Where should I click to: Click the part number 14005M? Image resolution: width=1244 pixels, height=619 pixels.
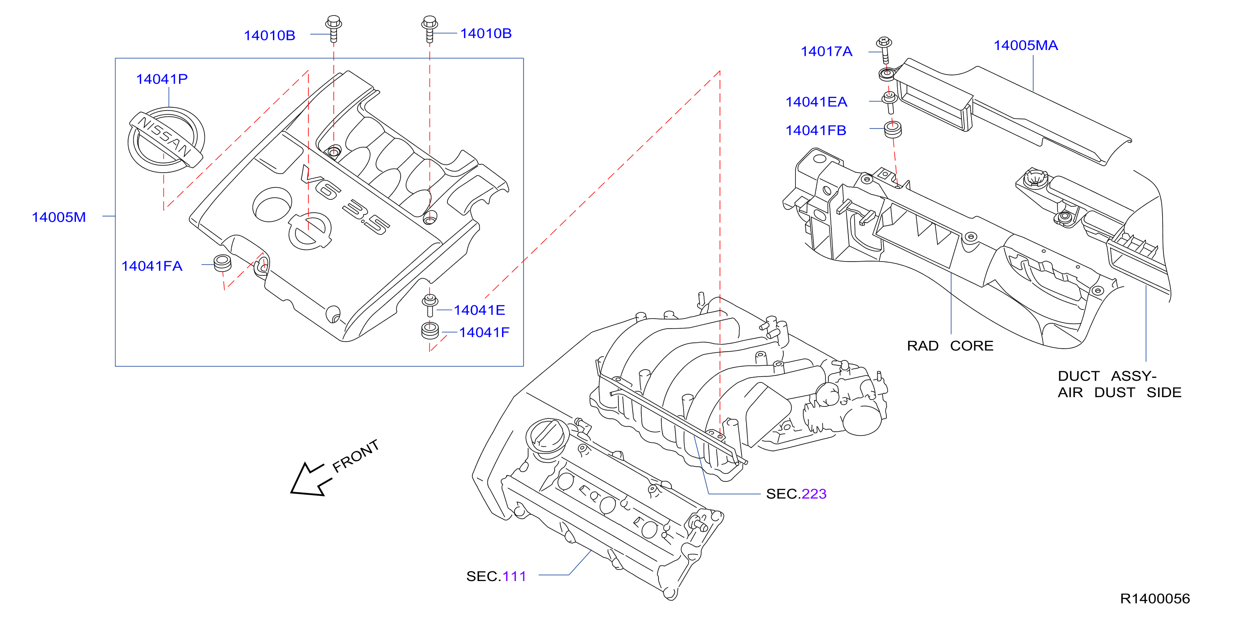point(58,217)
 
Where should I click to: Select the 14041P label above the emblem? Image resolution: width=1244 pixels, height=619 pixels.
point(162,79)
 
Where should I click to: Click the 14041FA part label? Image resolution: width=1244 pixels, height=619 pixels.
point(151,266)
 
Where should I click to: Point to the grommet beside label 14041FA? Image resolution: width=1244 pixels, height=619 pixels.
point(222,262)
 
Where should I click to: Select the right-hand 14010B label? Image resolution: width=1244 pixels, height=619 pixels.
point(486,33)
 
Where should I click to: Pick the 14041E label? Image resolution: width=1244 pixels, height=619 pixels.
point(479,310)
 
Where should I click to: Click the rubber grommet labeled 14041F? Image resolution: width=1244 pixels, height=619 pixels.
point(430,331)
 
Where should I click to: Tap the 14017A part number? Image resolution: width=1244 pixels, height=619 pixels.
point(826,51)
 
